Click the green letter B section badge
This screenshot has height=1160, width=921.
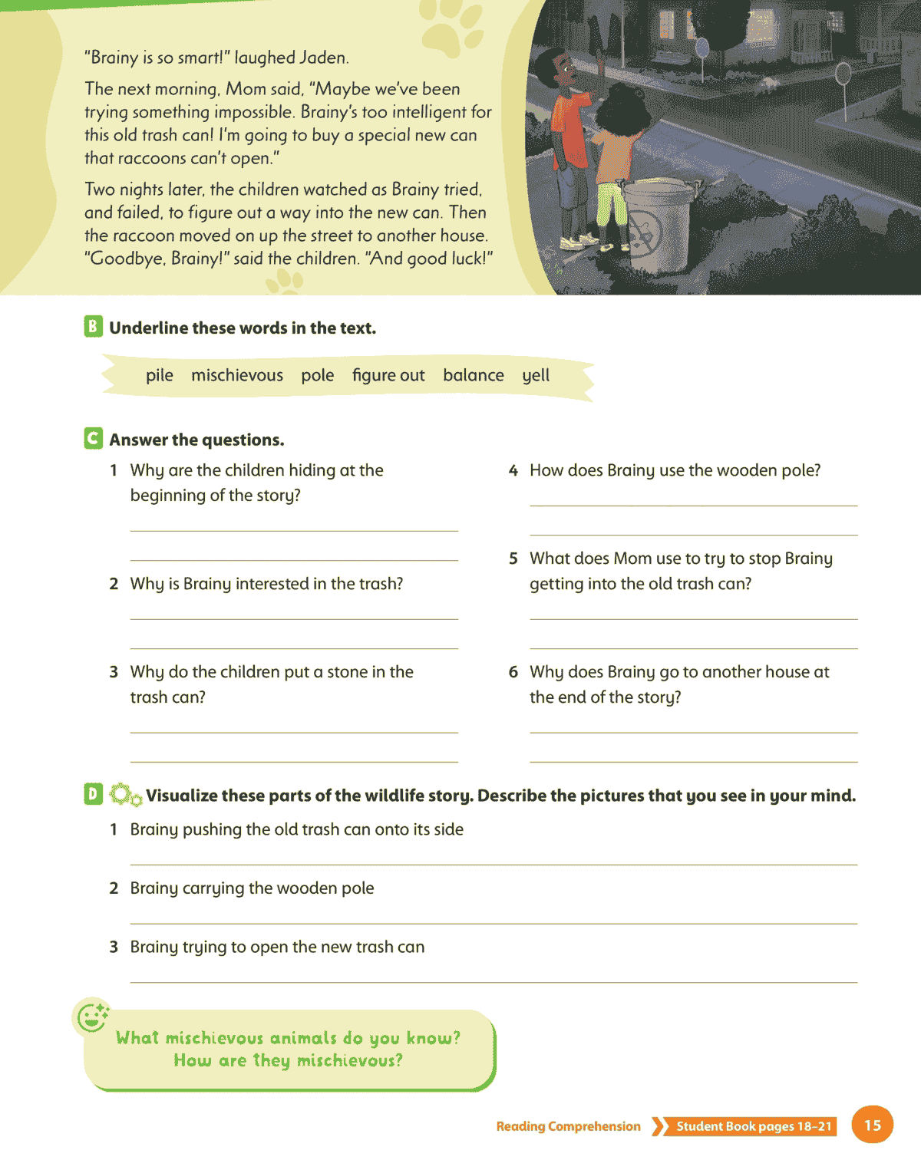pos(93,326)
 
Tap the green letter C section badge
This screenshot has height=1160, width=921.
pos(93,438)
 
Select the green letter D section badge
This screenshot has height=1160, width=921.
pos(93,794)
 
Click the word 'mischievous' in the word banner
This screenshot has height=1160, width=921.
pos(236,375)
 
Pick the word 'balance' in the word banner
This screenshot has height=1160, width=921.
pos(473,375)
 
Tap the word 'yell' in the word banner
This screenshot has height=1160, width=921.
pos(536,375)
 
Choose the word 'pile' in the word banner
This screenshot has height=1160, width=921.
pos(160,375)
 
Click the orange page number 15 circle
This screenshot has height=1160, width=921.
pos(872,1125)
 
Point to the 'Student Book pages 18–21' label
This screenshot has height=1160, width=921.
pos(753,1126)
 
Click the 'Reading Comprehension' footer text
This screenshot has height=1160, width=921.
pos(568,1126)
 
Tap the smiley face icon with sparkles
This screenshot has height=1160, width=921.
pos(92,1020)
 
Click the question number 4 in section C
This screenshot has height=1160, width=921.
pos(513,470)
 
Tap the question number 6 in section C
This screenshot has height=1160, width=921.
pos(513,672)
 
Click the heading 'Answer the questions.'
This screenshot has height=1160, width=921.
pos(196,440)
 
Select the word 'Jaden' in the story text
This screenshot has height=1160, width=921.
pos(324,58)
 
